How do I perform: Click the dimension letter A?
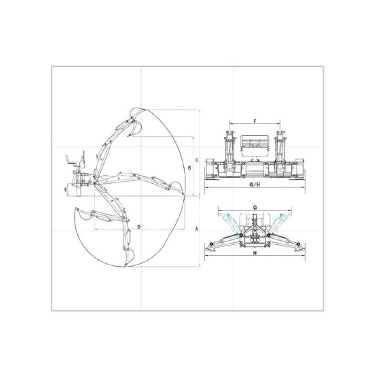tap(197, 229)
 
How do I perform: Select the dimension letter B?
tap(189, 168)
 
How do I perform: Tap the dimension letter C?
tap(197, 160)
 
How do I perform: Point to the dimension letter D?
tap(139, 227)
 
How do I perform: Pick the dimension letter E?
tap(66, 190)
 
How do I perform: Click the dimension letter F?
tap(255, 121)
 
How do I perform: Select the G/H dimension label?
tap(255, 185)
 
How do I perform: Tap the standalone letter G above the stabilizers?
tap(255, 207)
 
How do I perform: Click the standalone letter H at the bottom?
tap(255, 253)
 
